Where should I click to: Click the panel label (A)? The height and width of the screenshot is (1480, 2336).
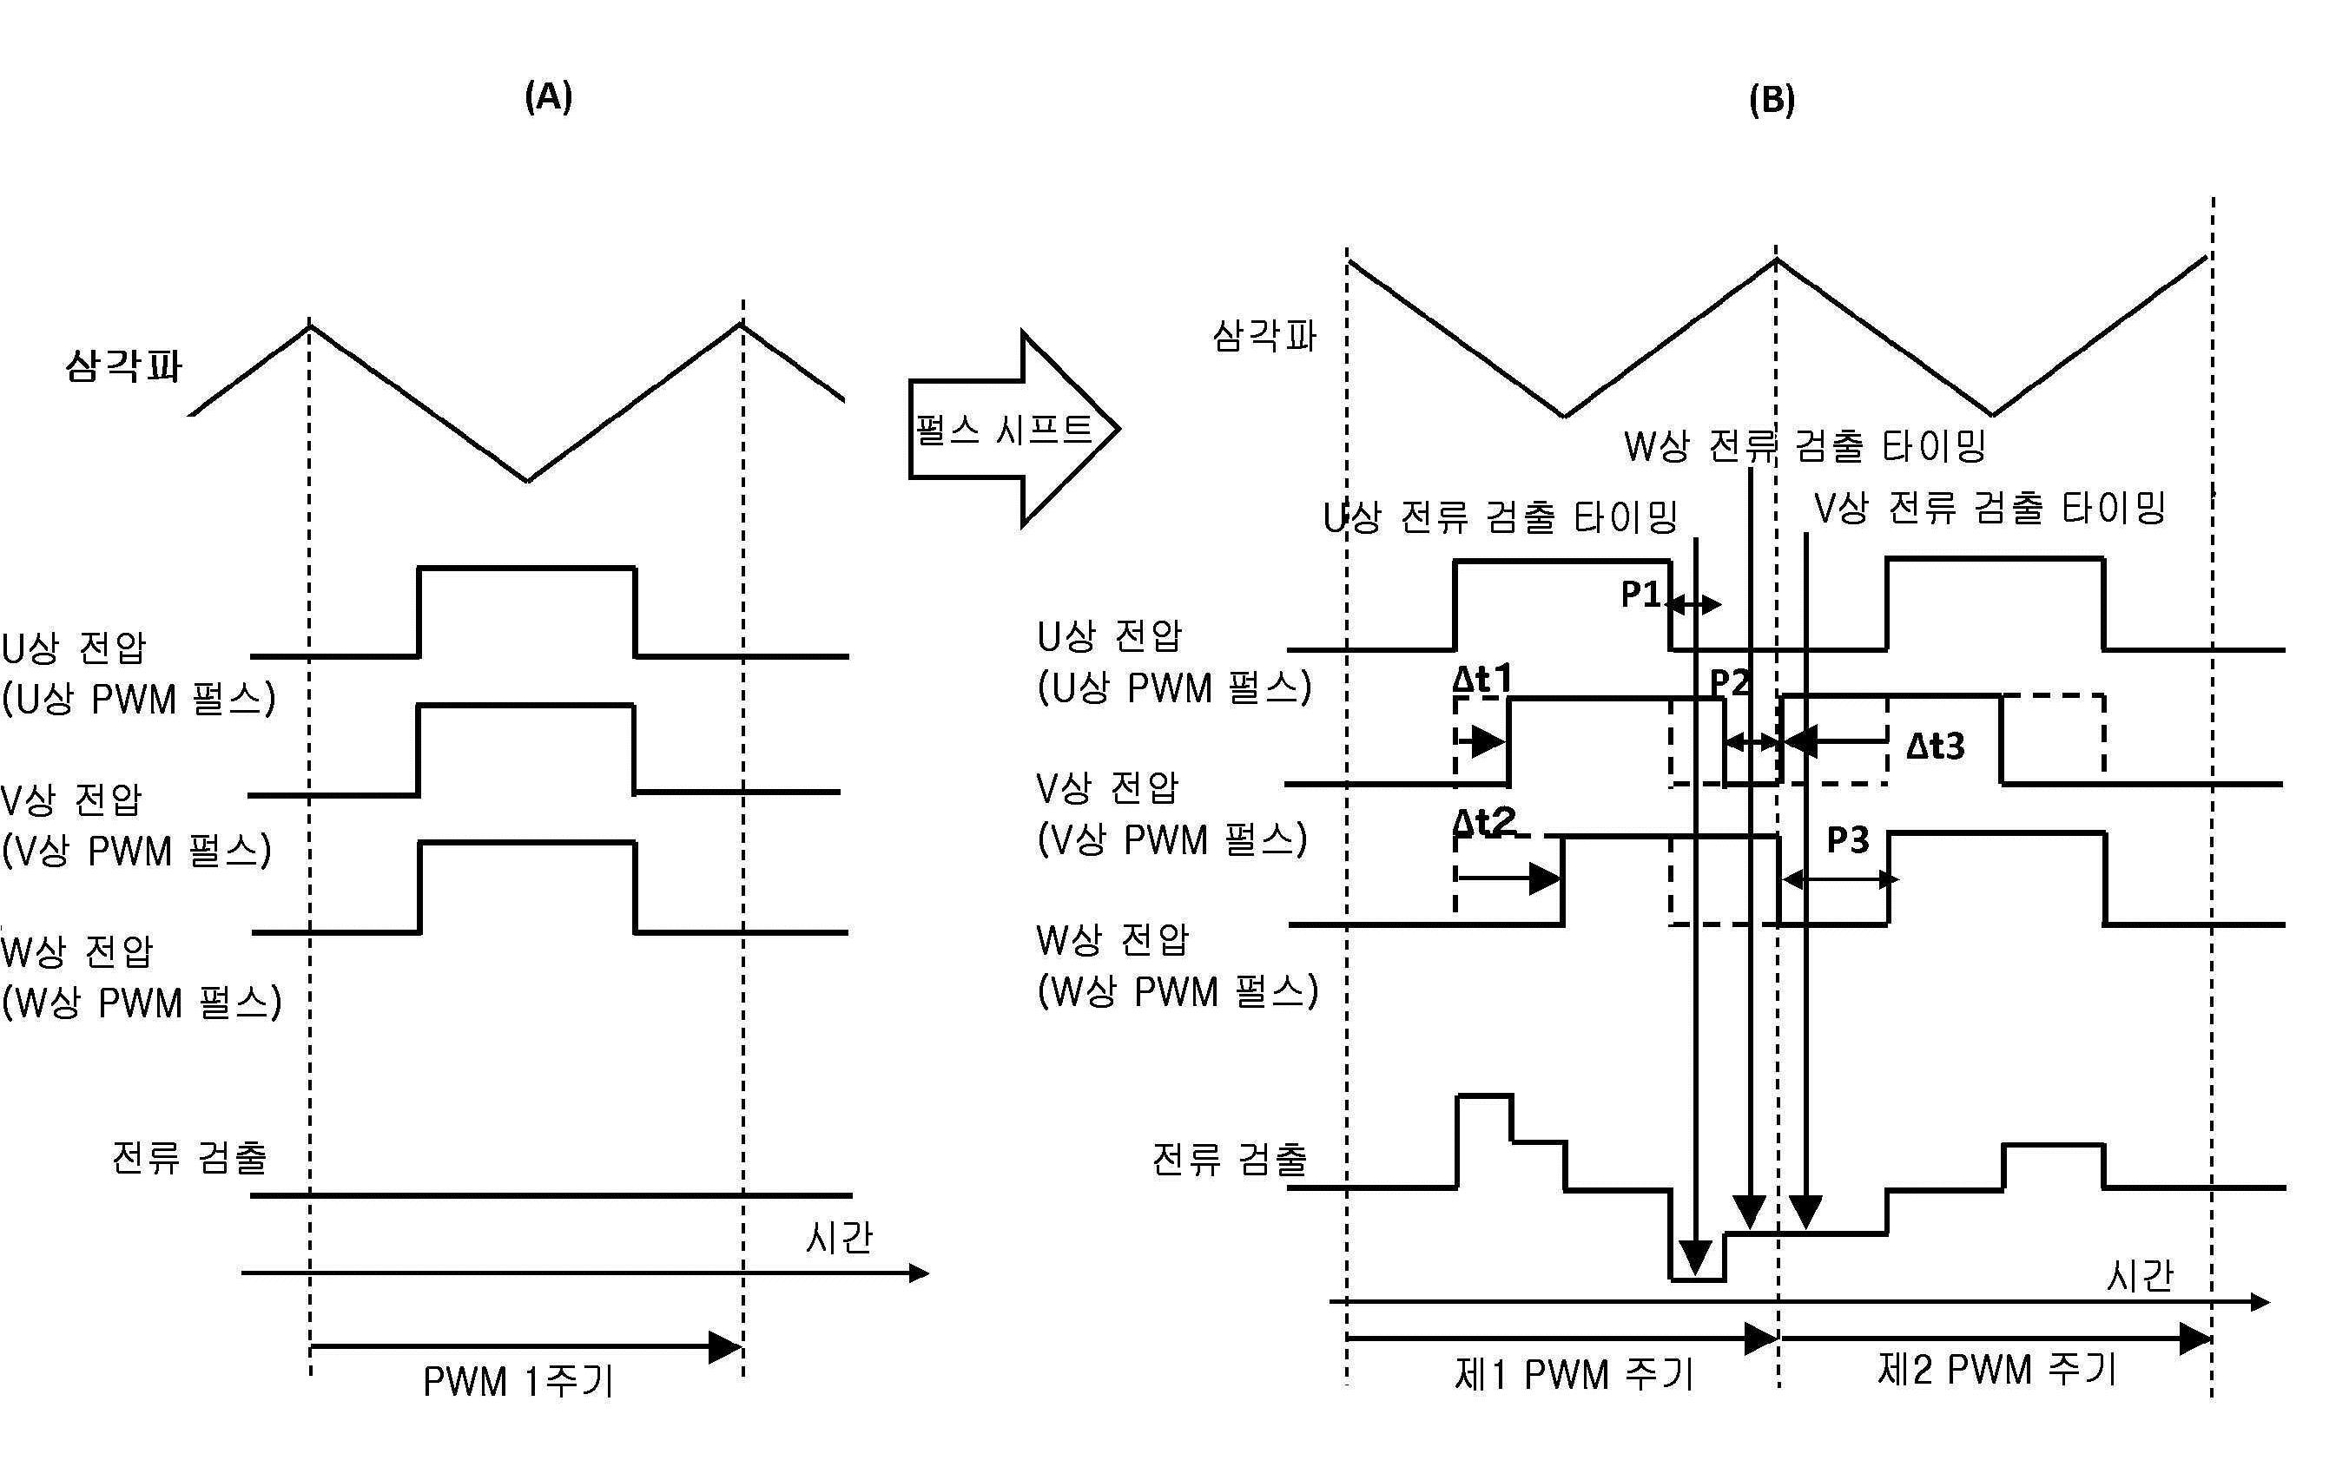548,97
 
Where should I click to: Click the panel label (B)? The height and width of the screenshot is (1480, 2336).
1772,100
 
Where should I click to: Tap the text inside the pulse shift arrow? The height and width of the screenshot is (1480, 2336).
1003,429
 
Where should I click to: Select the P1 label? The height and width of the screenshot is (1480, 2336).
1641,595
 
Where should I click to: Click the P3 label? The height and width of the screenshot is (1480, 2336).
1847,840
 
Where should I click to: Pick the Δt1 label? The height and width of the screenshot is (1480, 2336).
1481,679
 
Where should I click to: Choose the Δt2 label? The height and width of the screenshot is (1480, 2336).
1483,822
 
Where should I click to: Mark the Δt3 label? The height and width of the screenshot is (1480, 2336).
1936,746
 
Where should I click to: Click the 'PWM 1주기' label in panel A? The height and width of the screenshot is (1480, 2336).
518,1381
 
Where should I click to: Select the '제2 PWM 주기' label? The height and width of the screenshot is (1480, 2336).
1996,1370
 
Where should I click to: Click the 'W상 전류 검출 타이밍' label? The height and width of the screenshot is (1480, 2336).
1805,446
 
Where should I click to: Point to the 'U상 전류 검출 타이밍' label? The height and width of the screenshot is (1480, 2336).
1500,517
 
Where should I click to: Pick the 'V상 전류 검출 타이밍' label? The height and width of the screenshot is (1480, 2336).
1990,507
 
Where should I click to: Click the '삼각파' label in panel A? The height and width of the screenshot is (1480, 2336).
123,366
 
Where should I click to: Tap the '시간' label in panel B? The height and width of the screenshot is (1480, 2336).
2140,1276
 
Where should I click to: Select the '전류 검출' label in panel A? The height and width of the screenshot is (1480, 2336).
189,1157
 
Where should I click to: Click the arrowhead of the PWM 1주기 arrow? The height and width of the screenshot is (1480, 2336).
726,1347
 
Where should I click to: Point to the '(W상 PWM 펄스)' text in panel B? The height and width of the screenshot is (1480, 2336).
1178,992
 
